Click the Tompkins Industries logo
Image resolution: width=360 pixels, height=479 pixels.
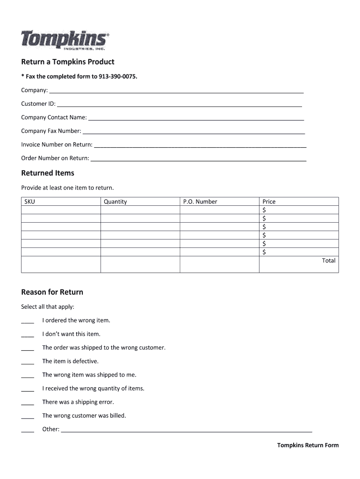[x=65, y=40]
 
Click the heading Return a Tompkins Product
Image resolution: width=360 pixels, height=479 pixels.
[x=68, y=62]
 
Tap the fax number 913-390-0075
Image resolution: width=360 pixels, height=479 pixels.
[x=118, y=76]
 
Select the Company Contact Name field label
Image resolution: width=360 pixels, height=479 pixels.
[x=54, y=117]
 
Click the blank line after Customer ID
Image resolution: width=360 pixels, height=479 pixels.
[x=179, y=105]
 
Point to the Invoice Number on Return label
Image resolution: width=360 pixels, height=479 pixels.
[x=57, y=145]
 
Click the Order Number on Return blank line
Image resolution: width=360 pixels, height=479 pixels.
[x=199, y=160]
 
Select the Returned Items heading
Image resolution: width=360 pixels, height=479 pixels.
[x=48, y=173]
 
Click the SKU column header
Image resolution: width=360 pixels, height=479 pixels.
[x=29, y=202]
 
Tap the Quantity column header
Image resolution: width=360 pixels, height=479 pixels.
[x=115, y=202]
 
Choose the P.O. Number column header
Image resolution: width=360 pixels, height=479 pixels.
[x=200, y=202]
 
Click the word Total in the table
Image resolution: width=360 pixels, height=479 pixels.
[x=328, y=261]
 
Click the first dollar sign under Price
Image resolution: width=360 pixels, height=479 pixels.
[x=265, y=210]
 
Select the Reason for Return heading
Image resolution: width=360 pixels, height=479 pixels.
[x=52, y=292]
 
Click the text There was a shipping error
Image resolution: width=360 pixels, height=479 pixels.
[x=78, y=402]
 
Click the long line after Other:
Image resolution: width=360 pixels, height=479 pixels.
[x=187, y=430]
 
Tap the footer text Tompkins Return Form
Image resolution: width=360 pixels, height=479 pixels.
[x=308, y=445]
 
